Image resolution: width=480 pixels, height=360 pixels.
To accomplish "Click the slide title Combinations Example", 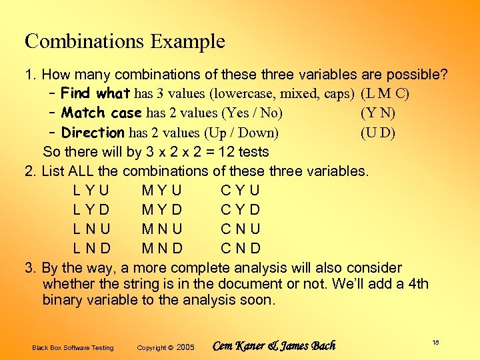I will [125, 41].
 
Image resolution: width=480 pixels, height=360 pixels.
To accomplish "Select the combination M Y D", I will [162, 210].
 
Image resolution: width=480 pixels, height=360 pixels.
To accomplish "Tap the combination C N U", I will [241, 229].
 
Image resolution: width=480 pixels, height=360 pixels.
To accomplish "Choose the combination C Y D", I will [240, 210].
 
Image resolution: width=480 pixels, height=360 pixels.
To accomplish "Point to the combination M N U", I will [162, 229].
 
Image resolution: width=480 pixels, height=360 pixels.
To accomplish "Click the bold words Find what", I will [95, 93].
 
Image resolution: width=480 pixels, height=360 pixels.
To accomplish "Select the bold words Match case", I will [102, 113].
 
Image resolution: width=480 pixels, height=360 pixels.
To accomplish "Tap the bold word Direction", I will [92, 132].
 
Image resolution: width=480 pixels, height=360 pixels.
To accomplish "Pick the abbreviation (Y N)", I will [377, 113].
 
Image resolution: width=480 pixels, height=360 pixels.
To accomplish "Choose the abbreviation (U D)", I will [377, 132].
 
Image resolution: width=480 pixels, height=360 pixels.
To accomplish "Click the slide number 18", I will [435, 342].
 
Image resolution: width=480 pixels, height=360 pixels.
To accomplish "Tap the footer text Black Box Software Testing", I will [73, 348].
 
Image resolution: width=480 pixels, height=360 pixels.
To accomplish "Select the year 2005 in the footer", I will [185, 347].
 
